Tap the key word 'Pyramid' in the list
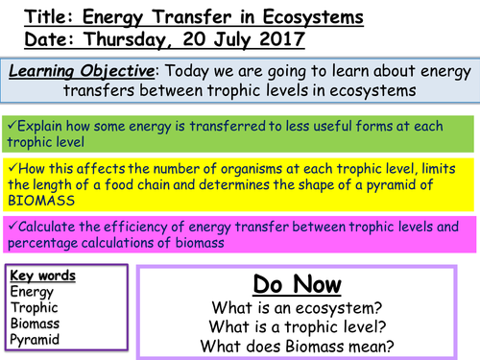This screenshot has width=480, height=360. (36, 340)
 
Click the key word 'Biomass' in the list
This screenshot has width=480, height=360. (36, 324)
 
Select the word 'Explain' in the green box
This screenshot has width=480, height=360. (43, 126)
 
